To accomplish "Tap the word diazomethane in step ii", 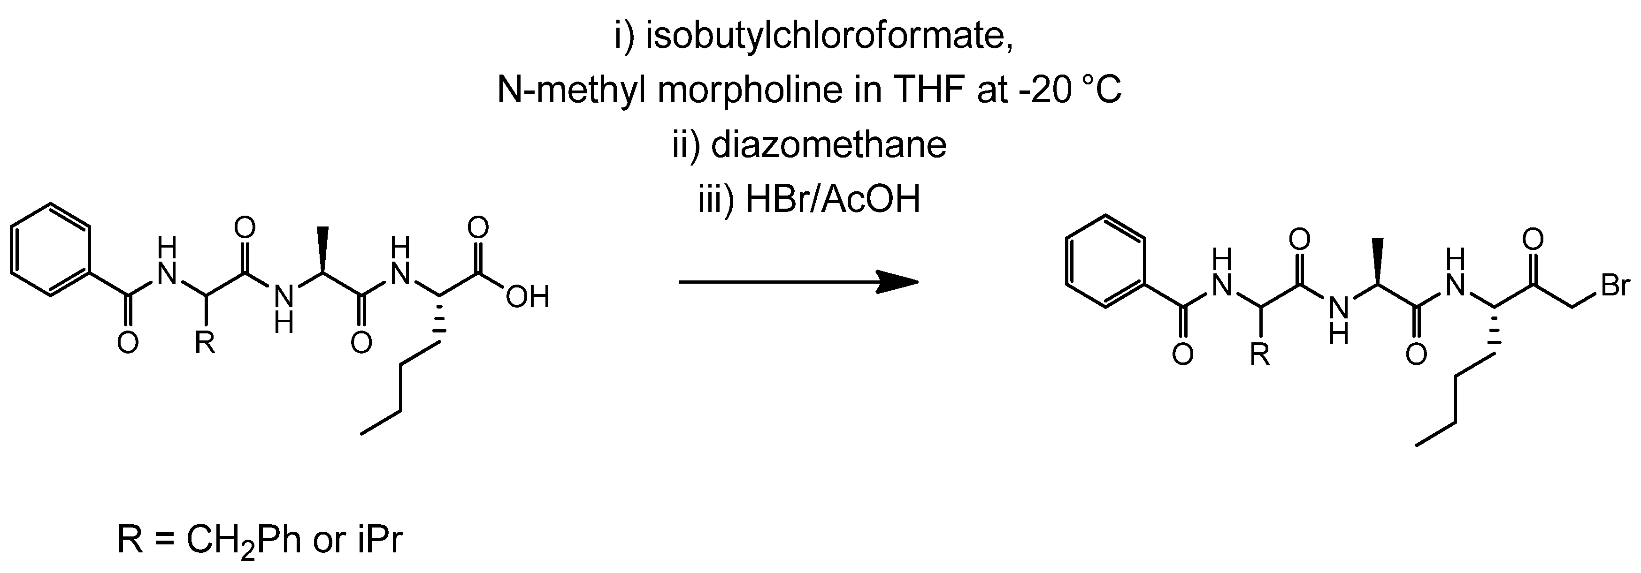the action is [x=828, y=145].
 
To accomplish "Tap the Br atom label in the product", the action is [x=1615, y=286].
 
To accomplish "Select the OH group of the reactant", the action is [x=528, y=297].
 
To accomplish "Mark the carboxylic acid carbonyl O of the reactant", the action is [x=478, y=227].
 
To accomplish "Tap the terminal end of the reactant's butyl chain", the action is [x=362, y=435].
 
